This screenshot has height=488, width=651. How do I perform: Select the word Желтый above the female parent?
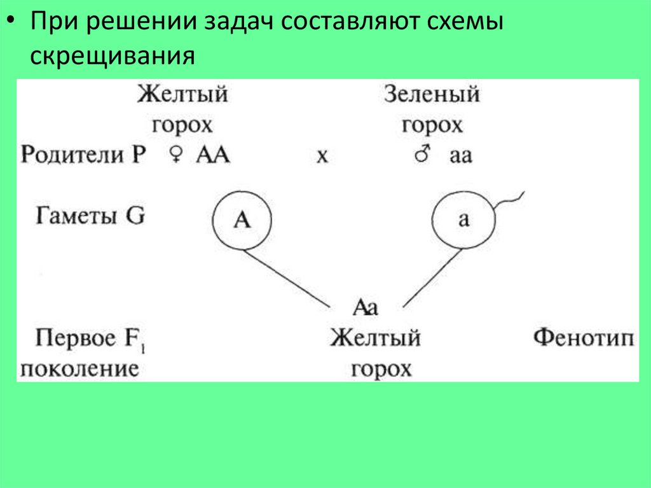(182, 95)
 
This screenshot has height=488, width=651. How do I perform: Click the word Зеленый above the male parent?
(432, 95)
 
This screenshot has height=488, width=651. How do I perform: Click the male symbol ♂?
(423, 155)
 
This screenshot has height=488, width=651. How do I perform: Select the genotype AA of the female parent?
(213, 155)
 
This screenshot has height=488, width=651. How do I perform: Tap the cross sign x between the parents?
(322, 157)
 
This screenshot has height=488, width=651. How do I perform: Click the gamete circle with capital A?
(242, 220)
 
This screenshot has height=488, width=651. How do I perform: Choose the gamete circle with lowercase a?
(463, 220)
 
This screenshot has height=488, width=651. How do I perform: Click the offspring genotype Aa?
(366, 308)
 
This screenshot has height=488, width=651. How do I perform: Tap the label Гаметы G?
(89, 216)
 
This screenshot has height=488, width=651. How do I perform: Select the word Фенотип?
(583, 338)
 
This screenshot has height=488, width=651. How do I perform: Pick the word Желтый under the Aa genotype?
(375, 338)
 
